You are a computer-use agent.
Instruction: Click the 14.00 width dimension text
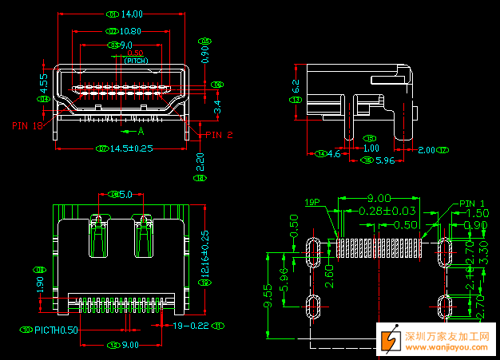click(132, 14)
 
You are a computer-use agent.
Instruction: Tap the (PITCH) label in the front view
click(136, 60)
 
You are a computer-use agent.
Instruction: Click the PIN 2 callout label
click(218, 135)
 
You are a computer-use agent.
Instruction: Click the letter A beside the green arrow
click(141, 130)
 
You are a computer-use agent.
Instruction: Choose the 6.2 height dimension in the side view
click(296, 86)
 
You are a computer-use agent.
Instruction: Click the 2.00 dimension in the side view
click(427, 149)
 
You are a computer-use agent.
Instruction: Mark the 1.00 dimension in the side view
click(371, 148)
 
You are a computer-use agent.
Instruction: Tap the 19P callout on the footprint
click(312, 203)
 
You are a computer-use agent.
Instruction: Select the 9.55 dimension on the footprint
click(269, 295)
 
